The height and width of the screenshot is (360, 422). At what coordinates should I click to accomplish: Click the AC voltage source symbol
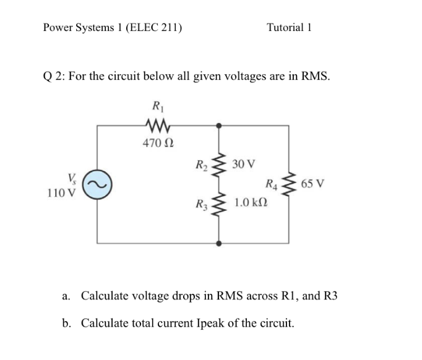[97, 185]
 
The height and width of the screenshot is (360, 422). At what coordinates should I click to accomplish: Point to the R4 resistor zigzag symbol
[288, 184]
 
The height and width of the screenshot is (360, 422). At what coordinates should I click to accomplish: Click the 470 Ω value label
[158, 144]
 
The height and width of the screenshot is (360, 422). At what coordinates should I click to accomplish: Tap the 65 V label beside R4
[314, 184]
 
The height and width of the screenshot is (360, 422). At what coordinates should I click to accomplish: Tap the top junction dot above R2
[217, 126]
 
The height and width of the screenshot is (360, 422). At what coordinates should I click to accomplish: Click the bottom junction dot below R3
[217, 244]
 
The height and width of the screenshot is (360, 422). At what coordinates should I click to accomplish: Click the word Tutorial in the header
[285, 27]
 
